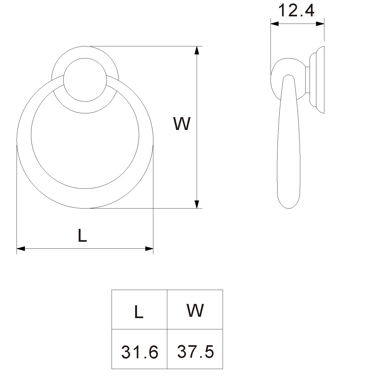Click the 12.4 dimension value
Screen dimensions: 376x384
click(296, 10)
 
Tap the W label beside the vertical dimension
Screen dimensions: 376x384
click(182, 124)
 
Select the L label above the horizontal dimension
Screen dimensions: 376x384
click(82, 236)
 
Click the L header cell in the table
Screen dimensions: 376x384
click(139, 310)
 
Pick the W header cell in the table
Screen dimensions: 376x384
click(195, 310)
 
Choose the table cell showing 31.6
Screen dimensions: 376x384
click(139, 349)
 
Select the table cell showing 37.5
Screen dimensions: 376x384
click(195, 349)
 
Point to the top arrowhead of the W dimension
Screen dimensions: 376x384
click(197, 50)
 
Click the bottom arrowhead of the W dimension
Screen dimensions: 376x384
click(197, 204)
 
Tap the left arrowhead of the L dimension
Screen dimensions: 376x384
click(21, 248)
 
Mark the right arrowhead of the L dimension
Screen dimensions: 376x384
click(149, 248)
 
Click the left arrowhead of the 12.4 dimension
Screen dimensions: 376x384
click(275, 24)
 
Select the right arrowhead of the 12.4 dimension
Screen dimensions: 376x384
click(320, 24)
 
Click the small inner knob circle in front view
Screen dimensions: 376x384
click(85, 80)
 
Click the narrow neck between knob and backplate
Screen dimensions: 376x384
click(307, 80)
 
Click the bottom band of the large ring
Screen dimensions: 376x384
click(85, 198)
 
